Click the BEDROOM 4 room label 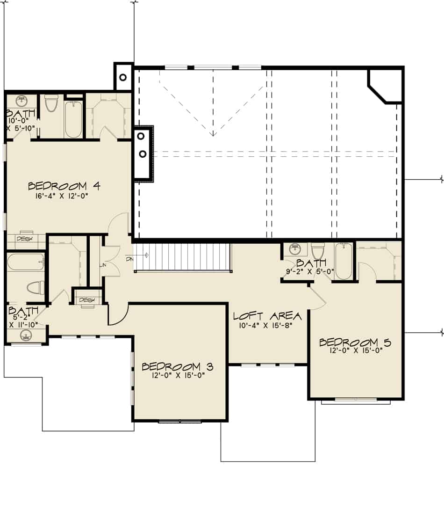click(64, 186)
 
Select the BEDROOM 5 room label click(355, 343)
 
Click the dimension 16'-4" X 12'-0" click(61, 197)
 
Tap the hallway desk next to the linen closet click(87, 300)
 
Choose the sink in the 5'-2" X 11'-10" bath click(25, 335)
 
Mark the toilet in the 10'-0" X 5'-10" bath click(50, 103)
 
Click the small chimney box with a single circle click(124, 77)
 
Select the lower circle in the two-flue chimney click(143, 154)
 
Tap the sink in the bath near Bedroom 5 click(294, 248)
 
